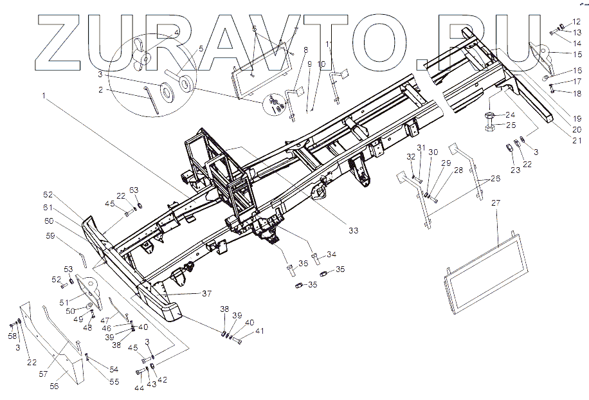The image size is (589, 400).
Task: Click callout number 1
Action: pyautogui.click(x=44, y=96)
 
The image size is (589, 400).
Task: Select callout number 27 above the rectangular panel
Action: pyautogui.click(x=496, y=203)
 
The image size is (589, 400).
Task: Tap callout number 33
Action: pyautogui.click(x=353, y=230)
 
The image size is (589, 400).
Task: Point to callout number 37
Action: pyautogui.click(x=206, y=293)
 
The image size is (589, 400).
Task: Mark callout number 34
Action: pyautogui.click(x=331, y=254)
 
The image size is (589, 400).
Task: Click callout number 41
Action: pyautogui.click(x=259, y=331)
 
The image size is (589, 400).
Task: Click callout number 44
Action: pyautogui.click(x=139, y=388)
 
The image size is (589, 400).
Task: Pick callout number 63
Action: pyautogui.click(x=134, y=190)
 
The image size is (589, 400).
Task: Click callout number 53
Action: pyautogui.click(x=69, y=268)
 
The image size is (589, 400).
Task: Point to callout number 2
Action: pyautogui.click(x=101, y=91)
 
